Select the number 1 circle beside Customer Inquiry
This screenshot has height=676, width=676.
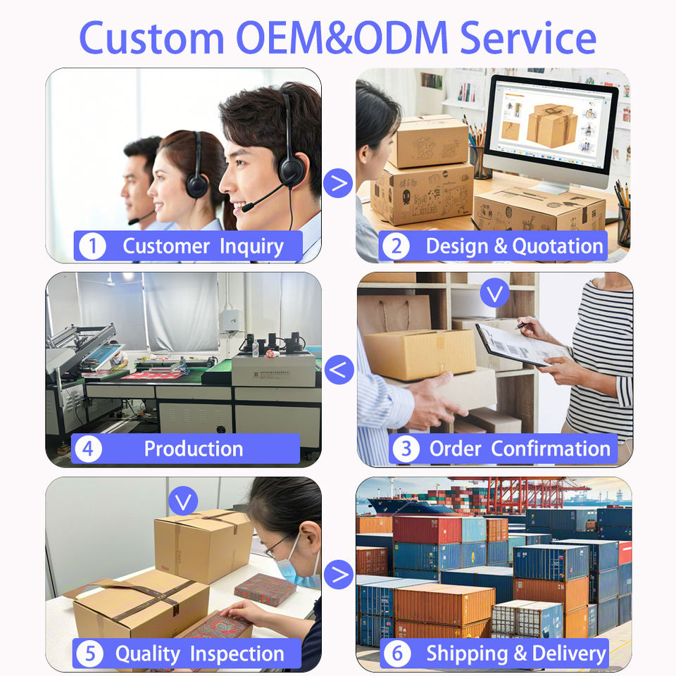[x=92, y=246]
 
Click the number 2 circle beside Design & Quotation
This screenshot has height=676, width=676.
[x=396, y=246]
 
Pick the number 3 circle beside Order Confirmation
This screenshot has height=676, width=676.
[x=405, y=449]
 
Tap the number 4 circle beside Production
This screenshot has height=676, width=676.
[x=88, y=449]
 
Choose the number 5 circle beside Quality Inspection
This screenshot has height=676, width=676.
[x=89, y=654]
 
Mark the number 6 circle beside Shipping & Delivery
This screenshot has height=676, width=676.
[x=396, y=653]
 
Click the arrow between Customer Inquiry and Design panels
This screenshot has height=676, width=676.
[x=339, y=184]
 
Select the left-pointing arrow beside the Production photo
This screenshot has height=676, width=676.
[x=339, y=369]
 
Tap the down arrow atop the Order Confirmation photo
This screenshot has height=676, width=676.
[x=494, y=293]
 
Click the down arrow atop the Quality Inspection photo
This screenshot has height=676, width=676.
[x=184, y=501]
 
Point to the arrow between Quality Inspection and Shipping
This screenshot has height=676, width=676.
[x=339, y=574]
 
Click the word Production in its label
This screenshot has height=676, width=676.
[x=194, y=449]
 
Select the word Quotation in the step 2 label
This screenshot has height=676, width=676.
[x=557, y=246]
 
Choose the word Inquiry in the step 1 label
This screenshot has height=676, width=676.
[x=251, y=246]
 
